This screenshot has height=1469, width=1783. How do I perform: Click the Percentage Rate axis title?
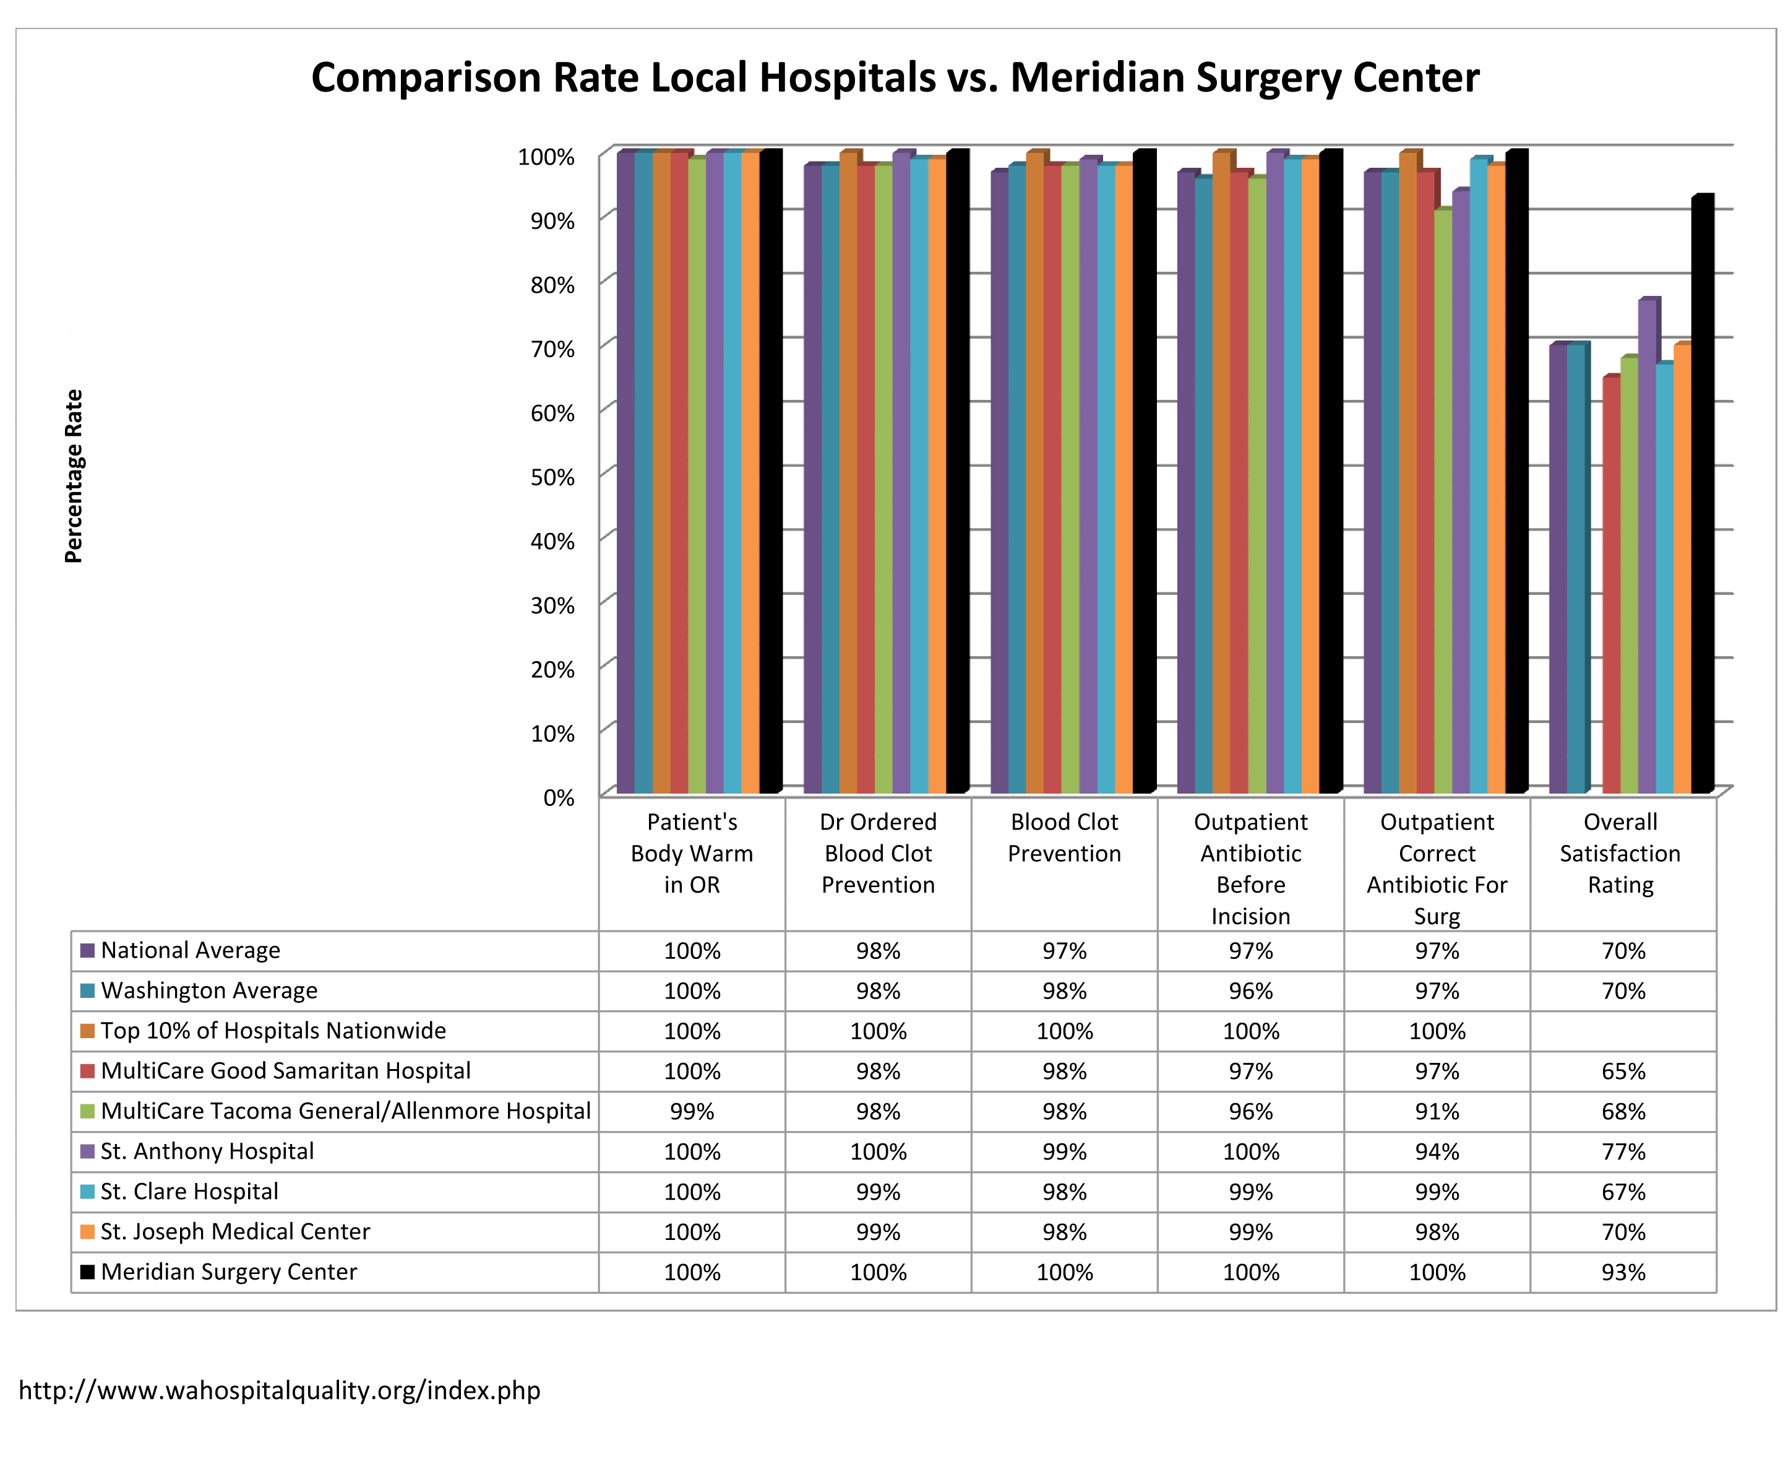click(x=74, y=475)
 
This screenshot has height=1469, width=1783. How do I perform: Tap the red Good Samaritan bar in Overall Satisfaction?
click(x=1610, y=585)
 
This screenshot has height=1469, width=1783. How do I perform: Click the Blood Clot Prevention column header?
click(x=1064, y=837)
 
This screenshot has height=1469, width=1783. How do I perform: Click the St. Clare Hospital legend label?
click(x=189, y=1192)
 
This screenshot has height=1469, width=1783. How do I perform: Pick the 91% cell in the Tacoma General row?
click(x=1436, y=1112)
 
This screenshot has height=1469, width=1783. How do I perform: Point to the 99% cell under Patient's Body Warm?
click(x=692, y=1112)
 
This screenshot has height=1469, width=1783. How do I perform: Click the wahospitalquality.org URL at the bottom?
click(x=279, y=1390)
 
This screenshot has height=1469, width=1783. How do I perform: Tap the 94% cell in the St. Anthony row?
click(x=1436, y=1151)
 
